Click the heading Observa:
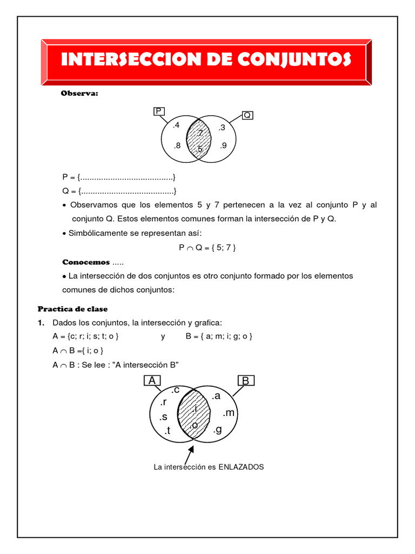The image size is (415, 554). [x=79, y=94]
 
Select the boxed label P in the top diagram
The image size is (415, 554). [x=159, y=111]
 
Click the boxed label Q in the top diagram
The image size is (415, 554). [x=247, y=115]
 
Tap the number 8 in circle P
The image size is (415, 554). [x=177, y=146]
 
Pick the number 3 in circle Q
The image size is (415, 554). [x=222, y=128]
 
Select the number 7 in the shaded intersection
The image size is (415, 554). [x=200, y=133]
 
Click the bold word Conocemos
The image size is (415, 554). [x=86, y=262]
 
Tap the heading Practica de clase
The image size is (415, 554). [x=72, y=309]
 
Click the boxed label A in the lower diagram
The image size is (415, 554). [x=153, y=381]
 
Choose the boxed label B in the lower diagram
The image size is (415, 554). [x=245, y=381]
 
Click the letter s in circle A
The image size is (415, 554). [x=164, y=417]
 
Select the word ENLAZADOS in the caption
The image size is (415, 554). [x=241, y=466]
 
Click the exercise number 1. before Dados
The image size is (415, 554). [x=41, y=323]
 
